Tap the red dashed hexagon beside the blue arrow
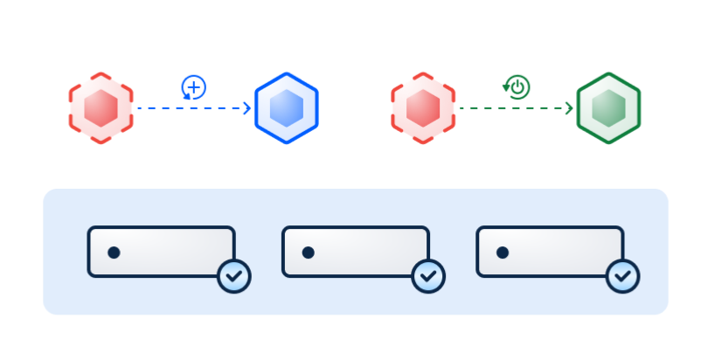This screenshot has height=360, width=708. pyautogui.click(x=101, y=107)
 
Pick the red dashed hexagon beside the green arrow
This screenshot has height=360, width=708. pyautogui.click(x=423, y=107)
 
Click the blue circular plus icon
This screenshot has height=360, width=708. pyautogui.click(x=193, y=87)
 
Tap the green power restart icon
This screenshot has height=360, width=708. pyautogui.click(x=517, y=87)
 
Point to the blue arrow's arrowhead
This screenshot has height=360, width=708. pyautogui.click(x=246, y=108)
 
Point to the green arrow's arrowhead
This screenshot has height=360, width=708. pyautogui.click(x=569, y=108)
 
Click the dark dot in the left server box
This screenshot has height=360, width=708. pyautogui.click(x=114, y=253)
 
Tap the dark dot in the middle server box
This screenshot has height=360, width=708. pyautogui.click(x=308, y=253)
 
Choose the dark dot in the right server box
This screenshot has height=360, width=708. pyautogui.click(x=503, y=253)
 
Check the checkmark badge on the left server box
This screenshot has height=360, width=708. pyautogui.click(x=234, y=276)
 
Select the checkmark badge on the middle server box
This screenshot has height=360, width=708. pyautogui.click(x=428, y=276)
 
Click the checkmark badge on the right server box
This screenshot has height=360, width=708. pyautogui.click(x=623, y=276)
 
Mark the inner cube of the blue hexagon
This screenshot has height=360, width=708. pyautogui.click(x=286, y=108)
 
